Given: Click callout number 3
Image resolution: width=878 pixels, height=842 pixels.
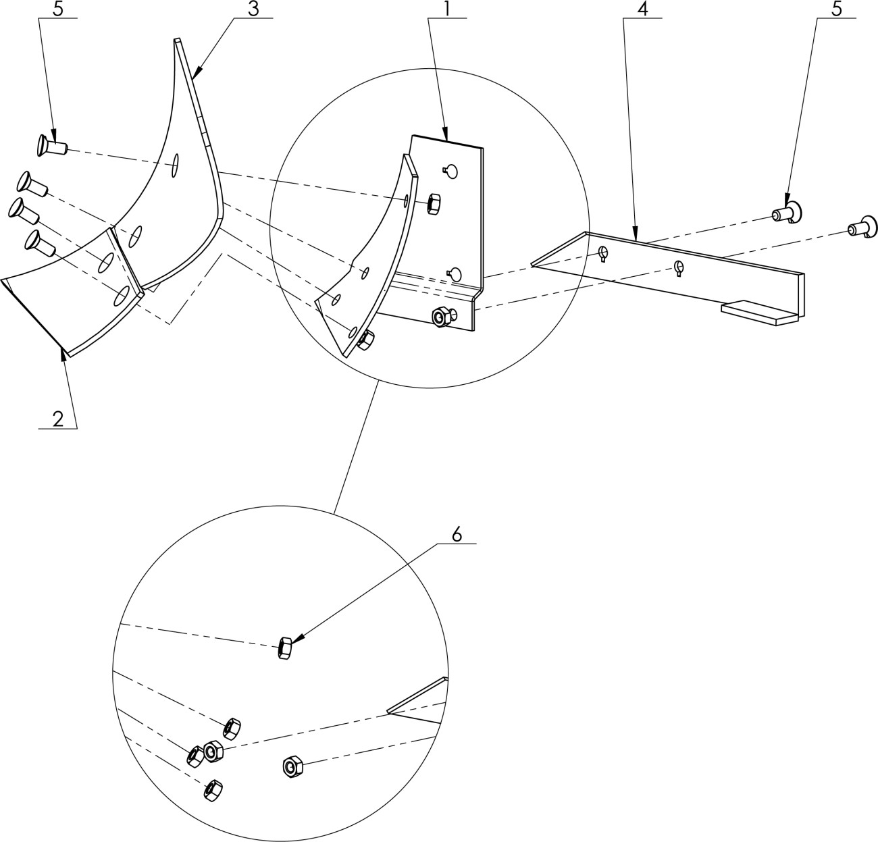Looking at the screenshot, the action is (x=253, y=9).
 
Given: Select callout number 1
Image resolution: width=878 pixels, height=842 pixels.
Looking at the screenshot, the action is (x=447, y=9).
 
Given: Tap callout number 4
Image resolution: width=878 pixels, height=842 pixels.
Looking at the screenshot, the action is (x=642, y=9).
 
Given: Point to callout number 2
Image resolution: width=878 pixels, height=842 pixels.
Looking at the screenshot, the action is (x=58, y=419).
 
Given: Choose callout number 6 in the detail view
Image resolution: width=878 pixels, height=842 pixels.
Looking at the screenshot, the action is (x=457, y=535).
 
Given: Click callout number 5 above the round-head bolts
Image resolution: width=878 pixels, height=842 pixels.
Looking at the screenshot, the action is (x=837, y=9).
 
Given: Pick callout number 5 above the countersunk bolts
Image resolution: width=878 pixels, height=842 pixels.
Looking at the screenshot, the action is (x=58, y=9).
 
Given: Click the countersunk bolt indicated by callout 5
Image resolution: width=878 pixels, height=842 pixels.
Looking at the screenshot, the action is (x=51, y=145).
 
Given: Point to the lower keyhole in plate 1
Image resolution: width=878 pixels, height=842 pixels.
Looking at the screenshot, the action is (x=455, y=274).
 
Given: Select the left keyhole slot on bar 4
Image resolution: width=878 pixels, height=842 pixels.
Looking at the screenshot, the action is (x=603, y=253).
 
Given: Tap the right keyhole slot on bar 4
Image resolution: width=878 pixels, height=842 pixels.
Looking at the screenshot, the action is (x=679, y=267).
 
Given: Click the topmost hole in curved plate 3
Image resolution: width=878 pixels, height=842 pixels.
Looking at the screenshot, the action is (x=176, y=165).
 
